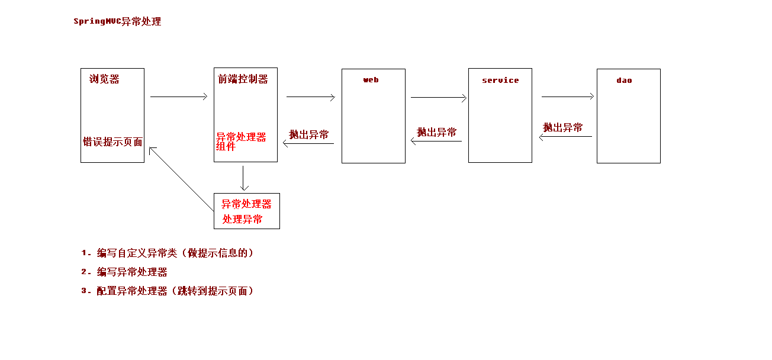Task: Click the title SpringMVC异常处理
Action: click(117, 22)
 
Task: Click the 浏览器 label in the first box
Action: click(104, 79)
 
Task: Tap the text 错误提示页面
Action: click(112, 142)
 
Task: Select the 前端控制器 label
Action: click(243, 79)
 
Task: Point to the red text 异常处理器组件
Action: click(240, 142)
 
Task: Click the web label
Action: click(371, 80)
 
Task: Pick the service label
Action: click(500, 81)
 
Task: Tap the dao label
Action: click(624, 81)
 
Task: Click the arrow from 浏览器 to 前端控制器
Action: click(179, 97)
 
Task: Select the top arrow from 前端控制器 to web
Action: click(311, 97)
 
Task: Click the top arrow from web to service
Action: click(439, 97)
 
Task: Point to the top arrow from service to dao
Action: click(568, 97)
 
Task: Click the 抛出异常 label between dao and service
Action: click(563, 127)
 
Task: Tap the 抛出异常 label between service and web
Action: click(437, 133)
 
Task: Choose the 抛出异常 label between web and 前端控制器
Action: click(309, 134)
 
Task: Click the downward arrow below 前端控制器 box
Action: click(243, 178)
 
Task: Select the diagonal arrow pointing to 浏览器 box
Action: click(181, 179)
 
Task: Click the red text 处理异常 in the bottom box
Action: click(243, 220)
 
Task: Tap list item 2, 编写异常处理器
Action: click(132, 272)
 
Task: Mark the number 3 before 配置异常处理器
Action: click(84, 291)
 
